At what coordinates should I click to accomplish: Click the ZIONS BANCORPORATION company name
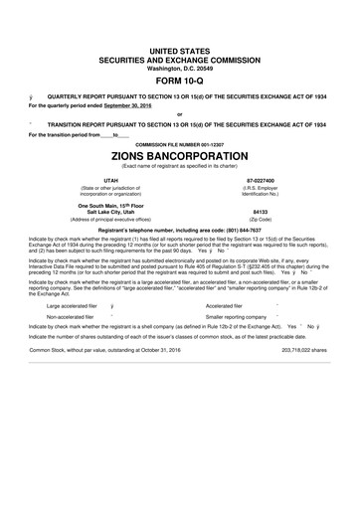pyautogui.click(x=180, y=157)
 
